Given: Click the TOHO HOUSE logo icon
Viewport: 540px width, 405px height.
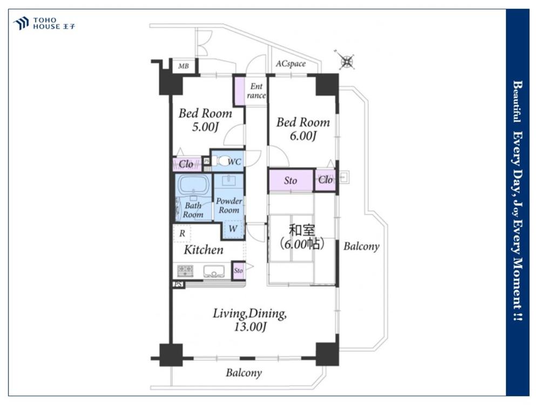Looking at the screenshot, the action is (x=21, y=23).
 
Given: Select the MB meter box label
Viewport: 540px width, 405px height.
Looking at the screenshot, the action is (x=184, y=66).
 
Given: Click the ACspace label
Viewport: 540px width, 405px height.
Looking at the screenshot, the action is (x=291, y=64).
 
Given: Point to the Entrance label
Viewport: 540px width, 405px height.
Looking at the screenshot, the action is (x=256, y=91).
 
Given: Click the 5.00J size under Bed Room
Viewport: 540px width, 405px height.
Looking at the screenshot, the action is (x=205, y=127).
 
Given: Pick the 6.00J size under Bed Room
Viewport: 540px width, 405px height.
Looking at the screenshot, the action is (x=303, y=136).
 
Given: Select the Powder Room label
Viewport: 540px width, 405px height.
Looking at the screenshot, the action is (x=229, y=205).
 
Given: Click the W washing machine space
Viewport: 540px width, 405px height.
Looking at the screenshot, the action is (x=233, y=228).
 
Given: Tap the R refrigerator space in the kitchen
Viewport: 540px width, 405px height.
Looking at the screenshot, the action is (x=182, y=233).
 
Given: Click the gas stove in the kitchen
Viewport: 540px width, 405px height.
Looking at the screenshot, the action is (x=185, y=271).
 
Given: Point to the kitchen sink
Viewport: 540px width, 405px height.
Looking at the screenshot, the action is (x=214, y=271).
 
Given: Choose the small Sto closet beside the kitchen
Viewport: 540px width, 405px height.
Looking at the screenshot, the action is (x=238, y=271).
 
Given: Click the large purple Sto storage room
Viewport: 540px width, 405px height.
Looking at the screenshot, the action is (x=291, y=180).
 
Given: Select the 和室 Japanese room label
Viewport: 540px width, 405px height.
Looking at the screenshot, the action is (x=301, y=230).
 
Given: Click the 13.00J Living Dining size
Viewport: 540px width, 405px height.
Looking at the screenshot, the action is (x=251, y=327).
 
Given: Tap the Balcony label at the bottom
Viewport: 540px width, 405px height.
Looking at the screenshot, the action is (x=244, y=373).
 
